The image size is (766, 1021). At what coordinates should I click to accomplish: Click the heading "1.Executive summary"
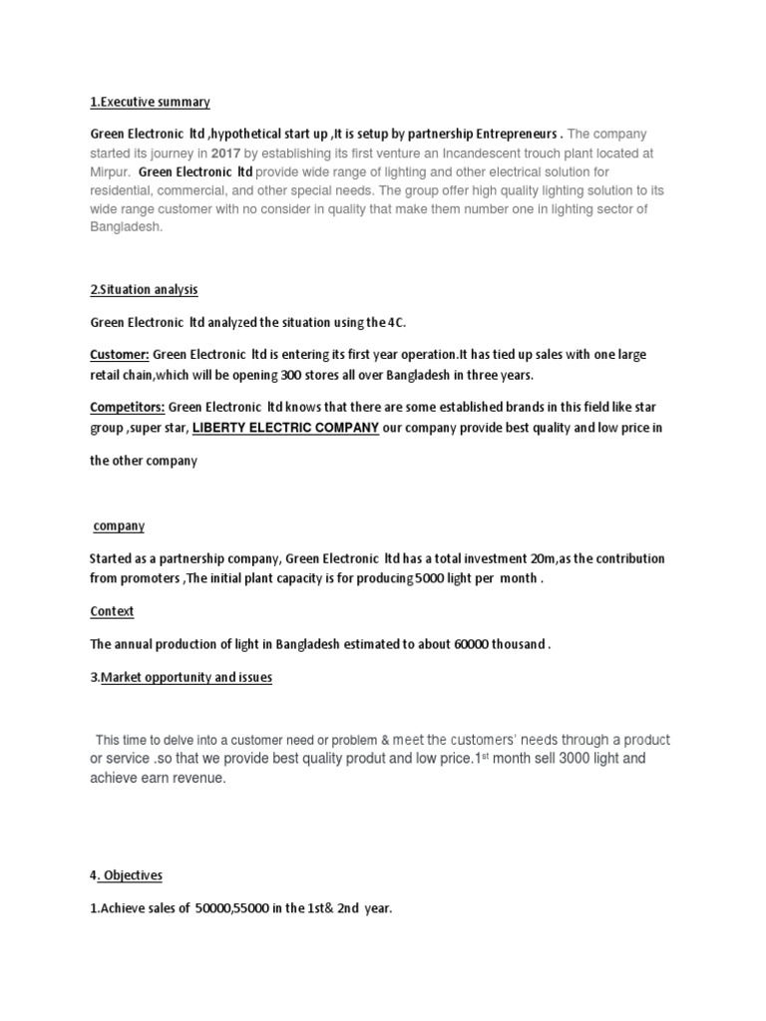coord(150,102)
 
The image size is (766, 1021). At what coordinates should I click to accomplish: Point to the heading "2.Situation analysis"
coord(144,290)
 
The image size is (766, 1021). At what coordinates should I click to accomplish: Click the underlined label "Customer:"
coord(120,354)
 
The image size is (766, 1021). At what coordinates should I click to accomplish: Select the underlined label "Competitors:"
coord(127,407)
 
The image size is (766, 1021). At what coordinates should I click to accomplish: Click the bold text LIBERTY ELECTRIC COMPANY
coord(285,428)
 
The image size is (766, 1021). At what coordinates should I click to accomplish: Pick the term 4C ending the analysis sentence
coord(397,322)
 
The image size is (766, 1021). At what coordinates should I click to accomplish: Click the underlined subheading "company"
coord(119,525)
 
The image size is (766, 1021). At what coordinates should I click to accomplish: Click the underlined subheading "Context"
coord(112,610)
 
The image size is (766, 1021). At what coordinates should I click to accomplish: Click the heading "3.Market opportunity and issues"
coord(181,678)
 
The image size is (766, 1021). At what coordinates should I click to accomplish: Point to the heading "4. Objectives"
coord(126,875)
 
